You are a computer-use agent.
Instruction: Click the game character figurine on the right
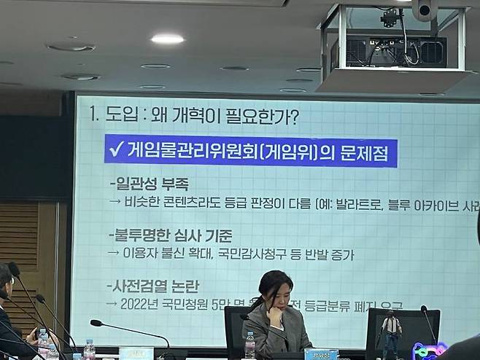[x=391, y=332]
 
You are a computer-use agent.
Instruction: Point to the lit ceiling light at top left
[x=167, y=39]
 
